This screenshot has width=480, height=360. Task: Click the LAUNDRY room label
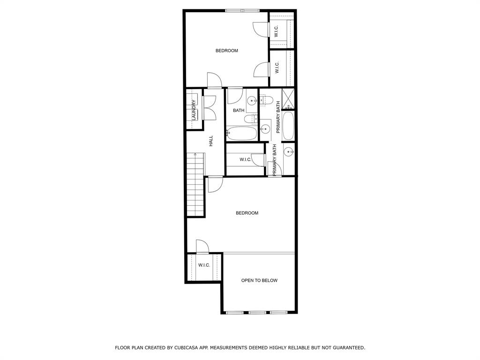194,110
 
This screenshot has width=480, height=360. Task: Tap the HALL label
211,141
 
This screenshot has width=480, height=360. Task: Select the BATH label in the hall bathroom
239,111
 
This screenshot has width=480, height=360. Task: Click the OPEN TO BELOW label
259,280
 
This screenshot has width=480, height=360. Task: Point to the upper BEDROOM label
227,51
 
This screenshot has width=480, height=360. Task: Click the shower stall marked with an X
288,98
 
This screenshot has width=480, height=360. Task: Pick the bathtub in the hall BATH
241,133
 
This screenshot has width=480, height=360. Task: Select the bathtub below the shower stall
288,126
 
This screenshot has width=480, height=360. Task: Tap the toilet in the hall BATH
251,119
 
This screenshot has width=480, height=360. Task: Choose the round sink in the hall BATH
252,100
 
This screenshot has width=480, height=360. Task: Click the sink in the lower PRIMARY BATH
289,151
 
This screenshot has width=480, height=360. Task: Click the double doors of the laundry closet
210,108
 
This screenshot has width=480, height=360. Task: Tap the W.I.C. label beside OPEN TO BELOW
204,265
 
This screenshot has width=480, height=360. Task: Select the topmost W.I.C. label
277,31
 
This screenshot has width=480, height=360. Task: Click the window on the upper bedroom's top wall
243,11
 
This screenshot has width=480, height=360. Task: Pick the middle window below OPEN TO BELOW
257,313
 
